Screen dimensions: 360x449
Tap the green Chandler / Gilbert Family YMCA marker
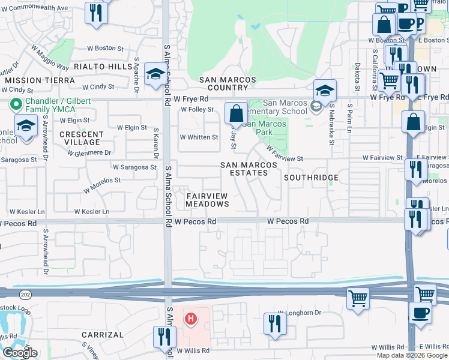click(x=13, y=104)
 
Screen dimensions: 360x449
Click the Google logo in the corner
click(x=20, y=353)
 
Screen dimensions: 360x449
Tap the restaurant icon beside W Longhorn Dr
click(x=275, y=325)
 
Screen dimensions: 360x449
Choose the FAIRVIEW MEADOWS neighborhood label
click(x=208, y=200)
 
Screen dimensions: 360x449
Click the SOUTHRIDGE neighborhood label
click(x=311, y=178)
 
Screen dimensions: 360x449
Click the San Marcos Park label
click(x=264, y=128)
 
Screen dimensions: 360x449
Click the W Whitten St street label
click(x=199, y=137)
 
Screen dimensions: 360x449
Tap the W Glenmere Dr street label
click(x=89, y=152)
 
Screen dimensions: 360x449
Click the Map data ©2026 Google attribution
click(x=412, y=355)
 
